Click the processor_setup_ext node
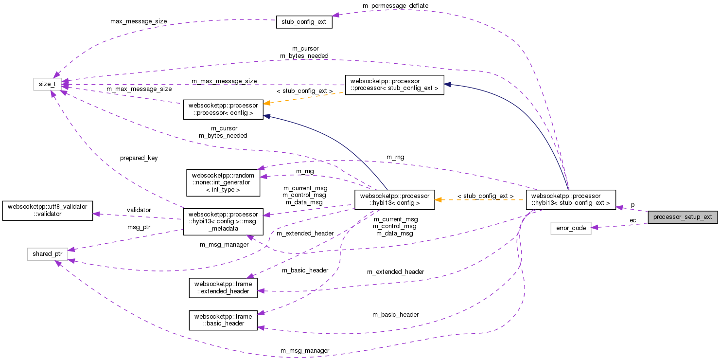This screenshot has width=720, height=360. (x=683, y=217)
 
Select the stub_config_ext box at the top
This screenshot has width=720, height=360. (x=304, y=22)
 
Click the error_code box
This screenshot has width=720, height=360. (x=571, y=228)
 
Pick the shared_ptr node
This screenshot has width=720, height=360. (x=47, y=254)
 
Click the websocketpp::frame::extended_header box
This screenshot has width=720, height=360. (x=223, y=288)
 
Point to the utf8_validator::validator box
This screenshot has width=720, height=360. (x=47, y=211)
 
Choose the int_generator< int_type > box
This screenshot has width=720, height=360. (x=223, y=181)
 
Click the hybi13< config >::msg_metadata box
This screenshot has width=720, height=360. (x=223, y=222)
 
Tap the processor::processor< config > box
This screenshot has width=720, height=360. (x=223, y=109)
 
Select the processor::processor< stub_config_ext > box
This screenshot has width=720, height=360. (x=394, y=85)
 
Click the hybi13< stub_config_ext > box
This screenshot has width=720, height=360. (x=571, y=200)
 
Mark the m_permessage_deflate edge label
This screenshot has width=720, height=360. (x=395, y=5)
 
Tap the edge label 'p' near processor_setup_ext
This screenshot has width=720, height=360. (x=632, y=205)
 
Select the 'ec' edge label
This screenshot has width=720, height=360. (x=632, y=220)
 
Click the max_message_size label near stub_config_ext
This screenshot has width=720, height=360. (x=139, y=21)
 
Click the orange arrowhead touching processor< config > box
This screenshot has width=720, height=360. (x=267, y=103)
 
